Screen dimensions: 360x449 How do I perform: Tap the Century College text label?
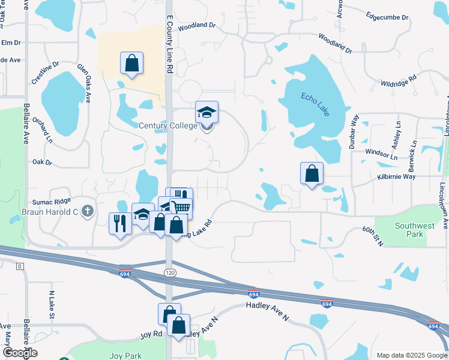pos(167,125)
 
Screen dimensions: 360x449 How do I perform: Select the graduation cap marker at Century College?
pos(206,113)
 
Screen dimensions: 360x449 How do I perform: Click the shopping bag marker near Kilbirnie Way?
pos(312,174)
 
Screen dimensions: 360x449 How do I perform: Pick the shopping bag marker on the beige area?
pos(131,63)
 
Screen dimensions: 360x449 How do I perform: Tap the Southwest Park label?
pos(414,230)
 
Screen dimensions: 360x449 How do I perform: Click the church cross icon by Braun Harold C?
pos(88,211)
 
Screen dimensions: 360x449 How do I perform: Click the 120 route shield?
pos(170,272)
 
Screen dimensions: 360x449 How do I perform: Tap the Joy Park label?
pos(125,356)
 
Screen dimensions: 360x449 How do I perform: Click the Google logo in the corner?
pos(19,353)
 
